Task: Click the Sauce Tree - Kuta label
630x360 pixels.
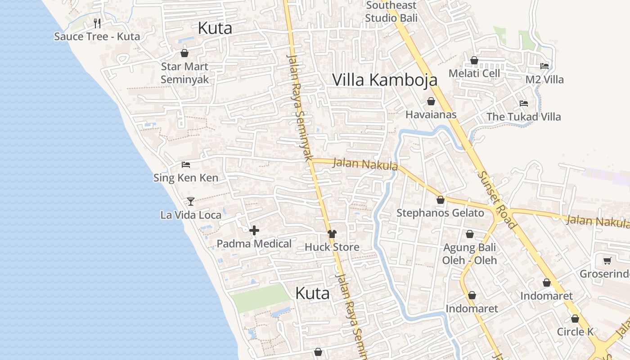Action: (x=97, y=36)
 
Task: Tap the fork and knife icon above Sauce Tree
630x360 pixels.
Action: (x=97, y=23)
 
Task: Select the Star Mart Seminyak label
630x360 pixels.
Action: (x=184, y=73)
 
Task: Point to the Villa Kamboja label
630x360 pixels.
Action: (x=385, y=80)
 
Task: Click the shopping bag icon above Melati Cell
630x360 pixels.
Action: (x=474, y=60)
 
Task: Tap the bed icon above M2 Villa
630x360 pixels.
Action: (x=544, y=66)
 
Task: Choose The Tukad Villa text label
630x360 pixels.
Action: (x=523, y=117)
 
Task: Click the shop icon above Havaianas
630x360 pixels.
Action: (x=431, y=101)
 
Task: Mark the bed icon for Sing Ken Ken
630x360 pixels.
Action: (x=185, y=165)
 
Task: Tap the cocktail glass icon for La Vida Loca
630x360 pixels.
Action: (x=191, y=202)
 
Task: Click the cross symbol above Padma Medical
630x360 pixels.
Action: (x=254, y=231)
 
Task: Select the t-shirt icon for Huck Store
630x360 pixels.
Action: (x=332, y=234)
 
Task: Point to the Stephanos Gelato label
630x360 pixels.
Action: (x=440, y=213)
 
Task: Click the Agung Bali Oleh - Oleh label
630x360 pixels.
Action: (x=469, y=254)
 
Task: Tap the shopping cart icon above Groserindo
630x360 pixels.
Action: (x=607, y=261)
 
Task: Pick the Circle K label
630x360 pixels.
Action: (x=575, y=332)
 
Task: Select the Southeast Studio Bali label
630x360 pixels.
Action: (x=391, y=12)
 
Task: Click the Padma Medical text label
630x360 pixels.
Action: (x=254, y=244)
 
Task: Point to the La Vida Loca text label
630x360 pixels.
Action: (x=191, y=215)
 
